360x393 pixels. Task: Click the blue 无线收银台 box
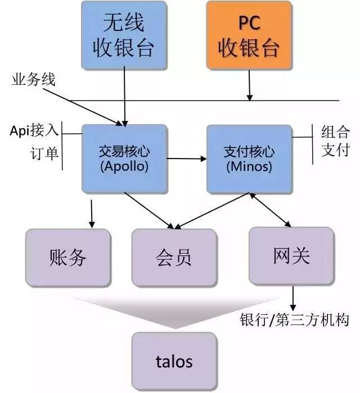pos(124,35)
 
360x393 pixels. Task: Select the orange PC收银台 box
pos(248,35)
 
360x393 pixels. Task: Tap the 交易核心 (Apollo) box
pos(124,158)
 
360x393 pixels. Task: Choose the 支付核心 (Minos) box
pos(249,158)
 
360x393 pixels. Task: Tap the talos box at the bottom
pos(173,360)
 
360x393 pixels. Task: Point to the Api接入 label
pos(34,130)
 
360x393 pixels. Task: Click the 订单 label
pos(44,153)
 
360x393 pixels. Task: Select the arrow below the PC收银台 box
pos(249,87)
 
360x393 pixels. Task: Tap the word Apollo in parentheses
pos(124,166)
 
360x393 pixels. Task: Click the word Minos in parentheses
pos(249,166)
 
